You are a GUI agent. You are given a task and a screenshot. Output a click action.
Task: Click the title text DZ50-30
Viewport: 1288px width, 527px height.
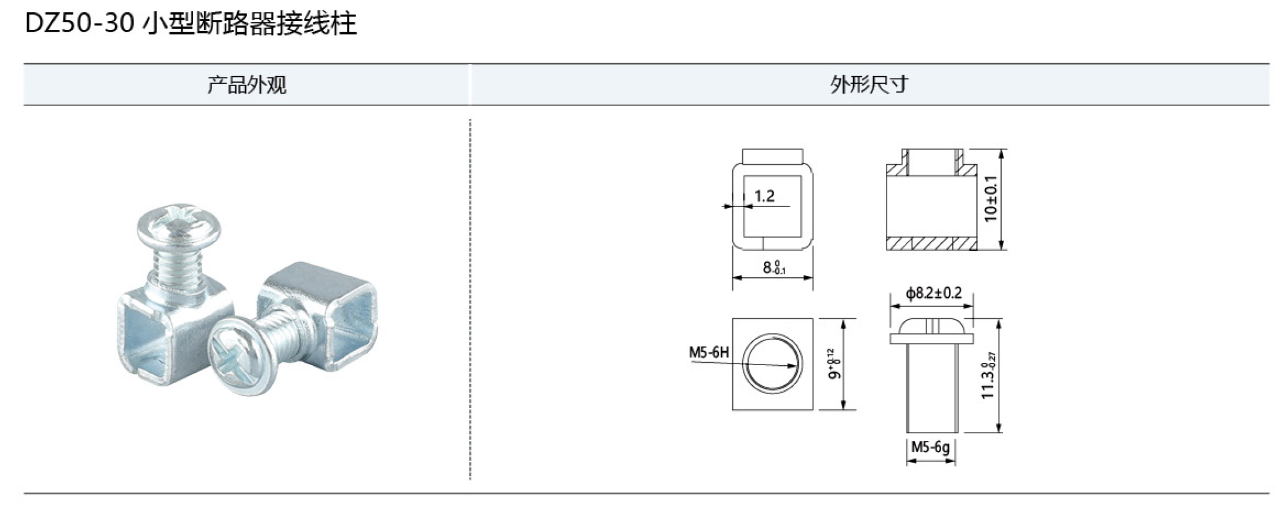tap(80, 24)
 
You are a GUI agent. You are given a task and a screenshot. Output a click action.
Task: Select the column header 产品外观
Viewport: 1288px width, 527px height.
tap(246, 85)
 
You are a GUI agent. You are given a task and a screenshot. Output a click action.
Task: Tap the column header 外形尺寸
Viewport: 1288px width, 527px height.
tap(869, 85)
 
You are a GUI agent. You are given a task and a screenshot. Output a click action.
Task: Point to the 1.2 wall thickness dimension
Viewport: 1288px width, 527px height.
tap(764, 196)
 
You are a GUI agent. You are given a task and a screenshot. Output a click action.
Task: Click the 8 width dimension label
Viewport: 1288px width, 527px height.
tap(773, 268)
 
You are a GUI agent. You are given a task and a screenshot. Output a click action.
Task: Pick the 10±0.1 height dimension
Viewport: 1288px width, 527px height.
tap(991, 199)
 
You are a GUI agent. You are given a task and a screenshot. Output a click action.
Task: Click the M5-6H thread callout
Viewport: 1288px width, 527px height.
tap(708, 352)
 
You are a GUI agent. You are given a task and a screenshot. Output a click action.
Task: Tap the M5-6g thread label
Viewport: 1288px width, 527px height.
tap(930, 447)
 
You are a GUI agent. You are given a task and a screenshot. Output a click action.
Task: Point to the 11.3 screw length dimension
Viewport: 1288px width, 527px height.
tap(989, 376)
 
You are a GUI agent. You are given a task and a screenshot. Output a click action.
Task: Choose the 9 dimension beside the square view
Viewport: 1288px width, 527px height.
tap(834, 364)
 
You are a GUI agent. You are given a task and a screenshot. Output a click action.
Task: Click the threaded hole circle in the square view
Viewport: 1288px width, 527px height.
tap(772, 363)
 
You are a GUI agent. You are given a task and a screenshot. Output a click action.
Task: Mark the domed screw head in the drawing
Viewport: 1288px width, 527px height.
tap(931, 328)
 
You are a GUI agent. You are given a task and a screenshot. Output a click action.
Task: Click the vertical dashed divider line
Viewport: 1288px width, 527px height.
tap(470, 299)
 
